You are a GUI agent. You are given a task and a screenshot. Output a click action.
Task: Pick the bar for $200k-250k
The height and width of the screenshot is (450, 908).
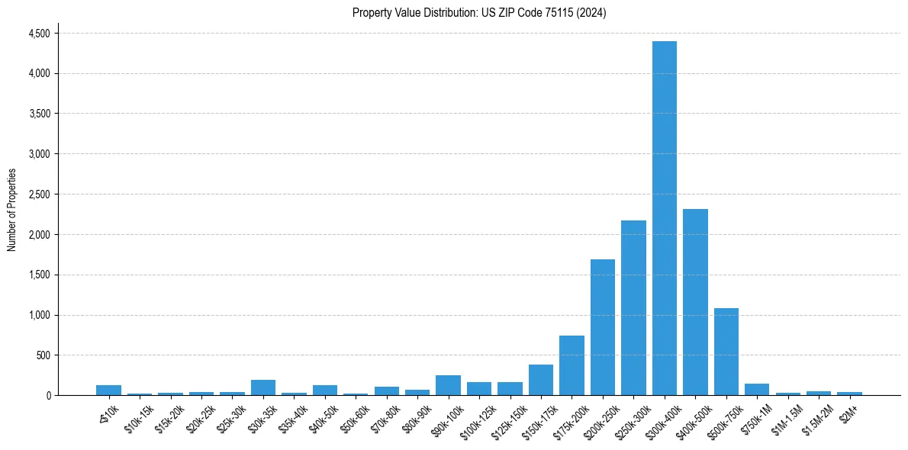[x=602, y=327]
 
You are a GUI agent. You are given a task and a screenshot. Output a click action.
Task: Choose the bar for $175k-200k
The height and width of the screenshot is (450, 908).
[x=572, y=365]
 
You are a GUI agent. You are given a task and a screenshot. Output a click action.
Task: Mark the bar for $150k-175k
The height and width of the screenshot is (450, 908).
[x=541, y=380]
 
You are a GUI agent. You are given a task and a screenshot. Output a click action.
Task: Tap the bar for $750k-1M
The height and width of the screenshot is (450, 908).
[x=757, y=390]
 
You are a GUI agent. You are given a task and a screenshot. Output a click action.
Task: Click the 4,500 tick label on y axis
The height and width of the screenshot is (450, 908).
[x=39, y=34]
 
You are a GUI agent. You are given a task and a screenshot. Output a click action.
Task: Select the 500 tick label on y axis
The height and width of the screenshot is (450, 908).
[x=43, y=355]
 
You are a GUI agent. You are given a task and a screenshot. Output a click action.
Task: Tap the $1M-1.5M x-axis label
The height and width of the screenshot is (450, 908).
[x=786, y=416]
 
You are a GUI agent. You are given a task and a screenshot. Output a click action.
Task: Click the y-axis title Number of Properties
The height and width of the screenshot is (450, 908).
[x=12, y=210]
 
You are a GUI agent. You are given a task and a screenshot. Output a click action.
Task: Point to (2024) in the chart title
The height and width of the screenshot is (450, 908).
[x=591, y=13]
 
